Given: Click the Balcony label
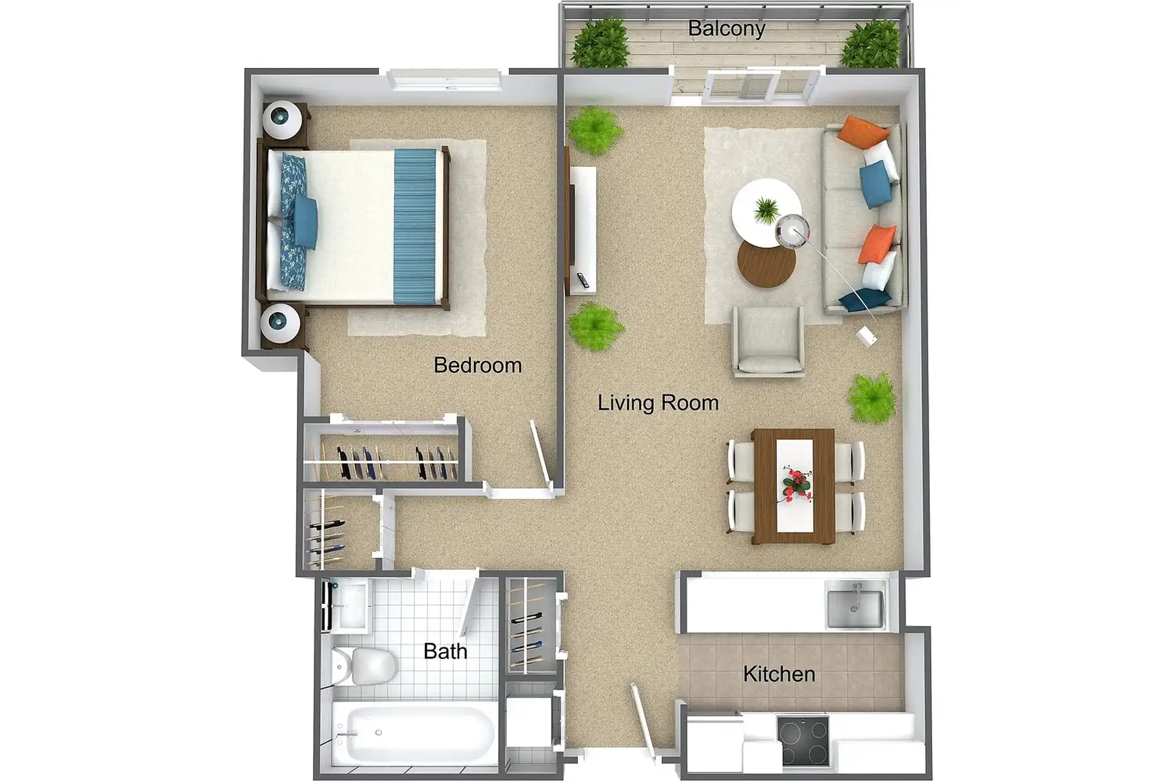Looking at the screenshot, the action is click(726, 29).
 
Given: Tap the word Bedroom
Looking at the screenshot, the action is click(478, 365).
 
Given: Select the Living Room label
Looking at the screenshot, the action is click(658, 403).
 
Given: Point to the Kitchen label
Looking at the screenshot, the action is click(779, 674).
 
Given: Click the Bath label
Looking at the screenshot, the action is click(445, 651).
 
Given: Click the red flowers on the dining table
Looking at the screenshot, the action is click(796, 483).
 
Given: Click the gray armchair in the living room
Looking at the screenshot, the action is click(768, 340).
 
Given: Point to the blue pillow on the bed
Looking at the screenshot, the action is click(305, 223).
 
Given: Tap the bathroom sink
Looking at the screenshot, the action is click(348, 604).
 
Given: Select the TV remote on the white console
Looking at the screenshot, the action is click(583, 280).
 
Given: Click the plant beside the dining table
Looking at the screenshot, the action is click(871, 398).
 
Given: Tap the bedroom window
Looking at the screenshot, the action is click(445, 80).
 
